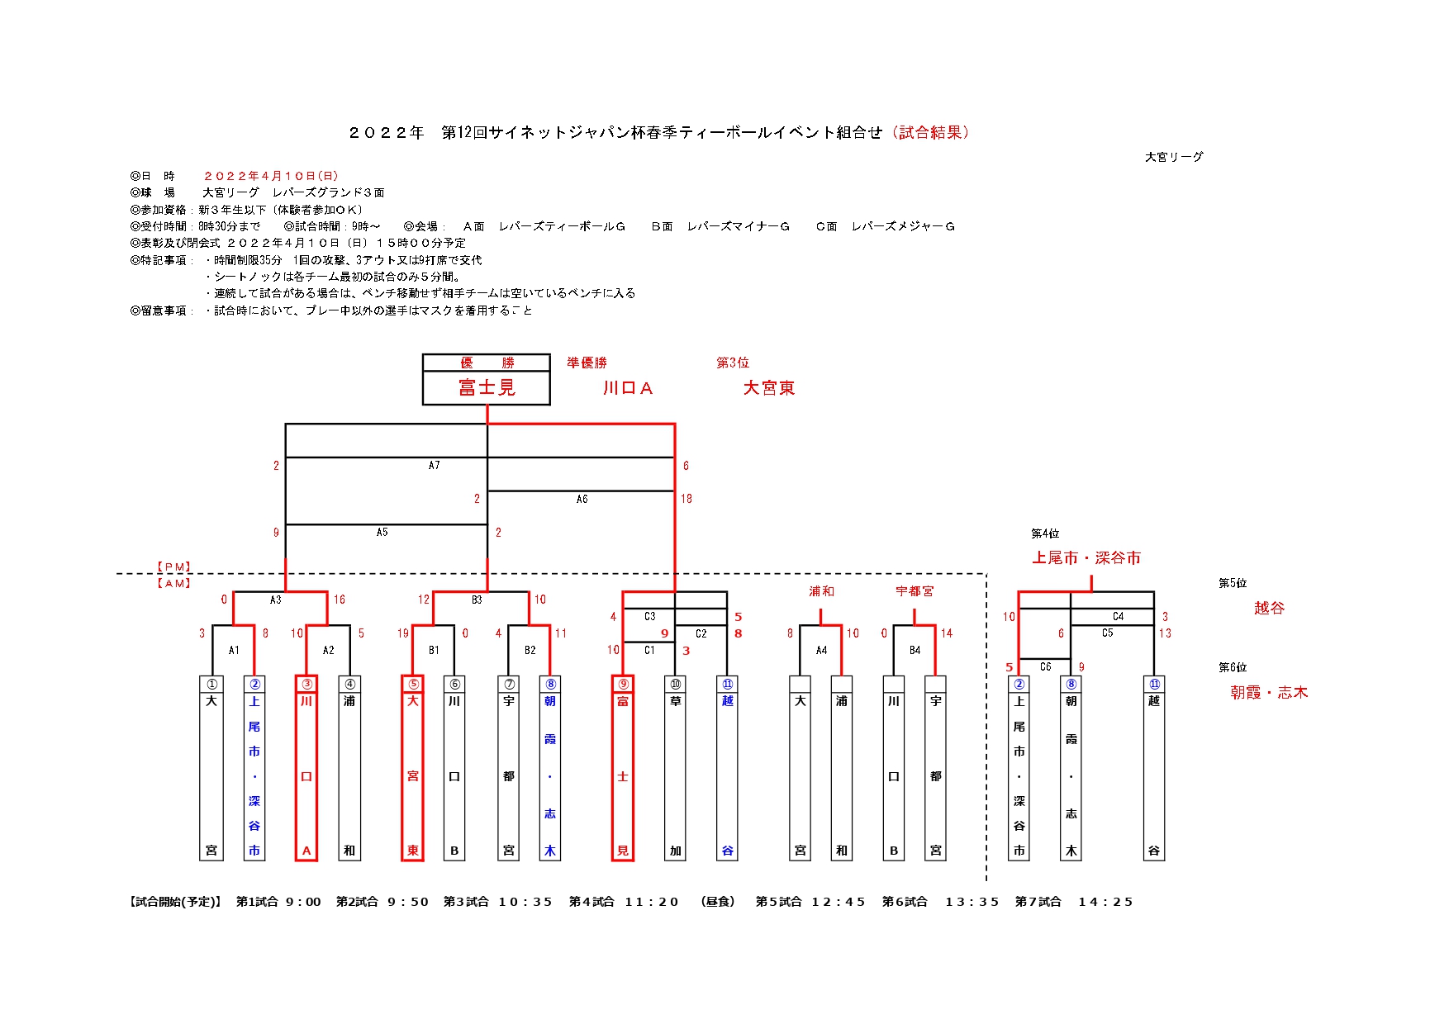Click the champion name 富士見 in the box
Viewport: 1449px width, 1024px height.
point(487,387)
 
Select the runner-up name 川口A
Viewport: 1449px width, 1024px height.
point(628,388)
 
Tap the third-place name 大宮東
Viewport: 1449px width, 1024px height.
point(769,388)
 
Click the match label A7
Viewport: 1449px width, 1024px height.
point(434,466)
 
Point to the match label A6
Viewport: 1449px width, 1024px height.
point(582,499)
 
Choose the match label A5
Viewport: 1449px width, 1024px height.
point(382,533)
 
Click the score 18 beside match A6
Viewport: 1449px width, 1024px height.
point(686,499)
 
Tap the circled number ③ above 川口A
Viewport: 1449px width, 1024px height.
point(306,684)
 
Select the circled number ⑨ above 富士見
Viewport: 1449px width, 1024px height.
point(623,684)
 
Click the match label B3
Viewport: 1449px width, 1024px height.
point(477,600)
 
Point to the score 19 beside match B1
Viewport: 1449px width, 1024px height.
point(403,633)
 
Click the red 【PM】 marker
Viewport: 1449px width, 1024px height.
point(174,567)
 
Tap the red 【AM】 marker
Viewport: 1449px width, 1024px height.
point(174,583)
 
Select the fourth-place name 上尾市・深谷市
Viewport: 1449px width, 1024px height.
point(1086,558)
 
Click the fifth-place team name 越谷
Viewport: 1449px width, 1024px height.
point(1270,608)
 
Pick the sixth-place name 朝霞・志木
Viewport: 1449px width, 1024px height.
point(1269,693)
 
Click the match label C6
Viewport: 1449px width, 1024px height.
point(1046,666)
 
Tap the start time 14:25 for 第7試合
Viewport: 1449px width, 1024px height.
point(1105,902)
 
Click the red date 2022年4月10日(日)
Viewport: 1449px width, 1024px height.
point(271,176)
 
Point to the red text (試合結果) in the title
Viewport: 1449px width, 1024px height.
point(930,132)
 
